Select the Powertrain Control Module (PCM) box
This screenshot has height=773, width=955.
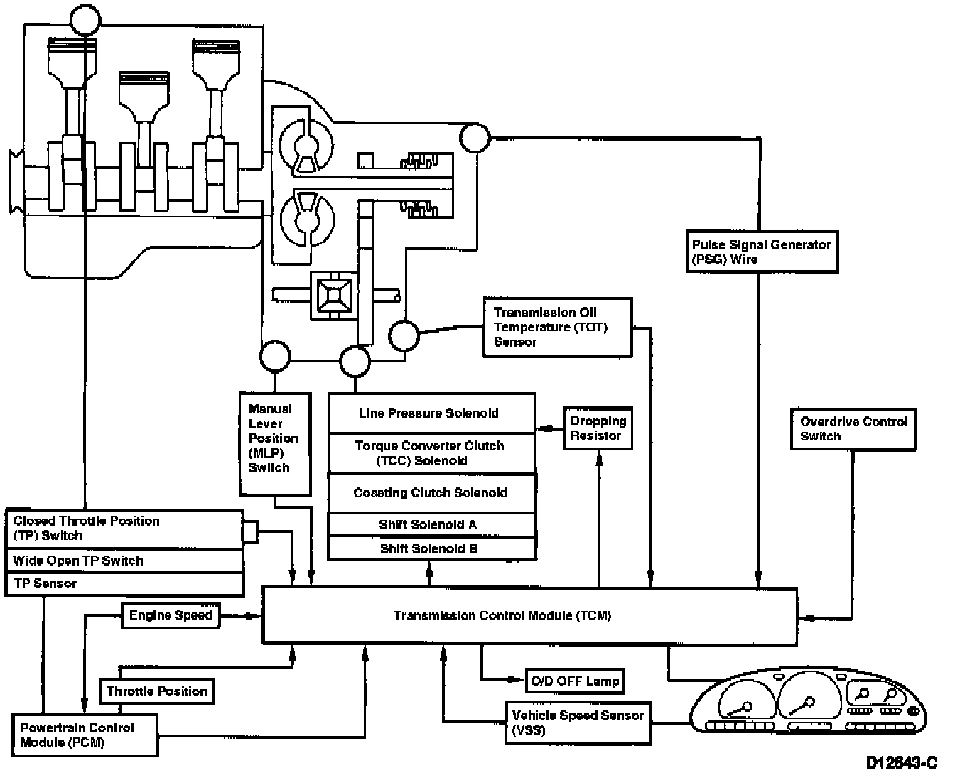pyautogui.click(x=85, y=735)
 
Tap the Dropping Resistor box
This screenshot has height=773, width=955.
pyautogui.click(x=598, y=428)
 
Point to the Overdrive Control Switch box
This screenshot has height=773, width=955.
pyautogui.click(x=853, y=429)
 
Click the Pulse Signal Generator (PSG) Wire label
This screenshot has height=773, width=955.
pyautogui.click(x=762, y=252)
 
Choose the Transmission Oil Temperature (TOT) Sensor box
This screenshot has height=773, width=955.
pyautogui.click(x=556, y=328)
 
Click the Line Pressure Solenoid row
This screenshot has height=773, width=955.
pyautogui.click(x=431, y=413)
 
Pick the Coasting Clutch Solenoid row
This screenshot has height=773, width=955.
pyautogui.click(x=431, y=493)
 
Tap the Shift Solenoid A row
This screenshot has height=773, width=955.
pyautogui.click(x=431, y=525)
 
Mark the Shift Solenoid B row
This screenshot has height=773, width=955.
pyautogui.click(x=431, y=548)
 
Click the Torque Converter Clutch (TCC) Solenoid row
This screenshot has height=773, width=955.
pyautogui.click(x=431, y=453)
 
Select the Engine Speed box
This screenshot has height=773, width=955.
pyautogui.click(x=171, y=615)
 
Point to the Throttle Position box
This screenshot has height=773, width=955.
pyautogui.click(x=156, y=691)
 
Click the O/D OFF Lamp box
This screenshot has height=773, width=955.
pyautogui.click(x=574, y=681)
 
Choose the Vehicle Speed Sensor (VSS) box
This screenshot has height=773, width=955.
pyautogui.click(x=576, y=723)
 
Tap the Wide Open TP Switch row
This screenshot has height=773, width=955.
pyautogui.click(x=124, y=561)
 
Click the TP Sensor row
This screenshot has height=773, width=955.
pyautogui.click(x=124, y=584)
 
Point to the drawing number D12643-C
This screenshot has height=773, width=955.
pyautogui.click(x=902, y=762)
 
